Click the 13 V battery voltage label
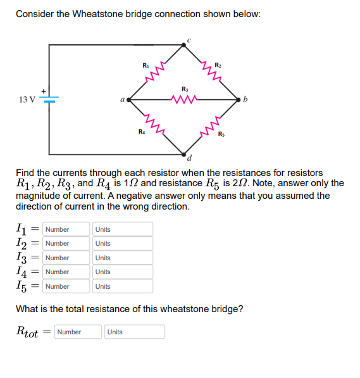(x=27, y=99)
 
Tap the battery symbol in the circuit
(x=50, y=99)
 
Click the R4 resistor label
(x=142, y=132)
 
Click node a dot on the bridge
(x=130, y=99)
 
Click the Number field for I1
(x=67, y=229)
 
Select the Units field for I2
(x=123, y=243)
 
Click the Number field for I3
(x=67, y=258)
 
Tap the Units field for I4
(x=123, y=272)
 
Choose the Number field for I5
(x=67, y=286)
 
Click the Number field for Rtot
(x=78, y=332)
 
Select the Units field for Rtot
(x=135, y=332)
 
